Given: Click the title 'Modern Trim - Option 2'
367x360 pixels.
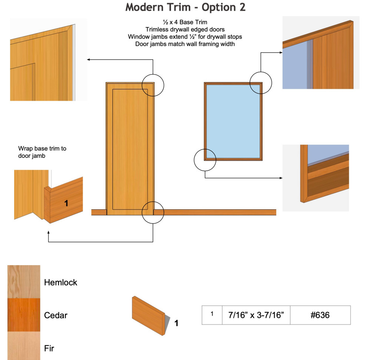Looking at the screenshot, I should [x=185, y=7].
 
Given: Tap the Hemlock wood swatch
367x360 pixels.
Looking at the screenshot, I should [x=23, y=282].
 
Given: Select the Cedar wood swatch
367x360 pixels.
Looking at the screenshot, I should [x=23, y=315].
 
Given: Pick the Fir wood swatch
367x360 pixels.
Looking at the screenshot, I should [x=23, y=346].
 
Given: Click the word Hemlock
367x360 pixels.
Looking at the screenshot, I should [x=60, y=283].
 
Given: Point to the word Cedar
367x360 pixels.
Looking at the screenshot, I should [x=56, y=316].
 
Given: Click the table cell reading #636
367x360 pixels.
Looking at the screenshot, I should [x=320, y=315].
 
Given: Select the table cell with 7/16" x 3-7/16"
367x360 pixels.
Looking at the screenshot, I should [x=256, y=315].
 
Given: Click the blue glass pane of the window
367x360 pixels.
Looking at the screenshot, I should [x=233, y=121].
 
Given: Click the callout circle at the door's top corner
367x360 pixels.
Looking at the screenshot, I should [x=153, y=85].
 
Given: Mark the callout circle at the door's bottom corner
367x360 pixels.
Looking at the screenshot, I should [x=153, y=212].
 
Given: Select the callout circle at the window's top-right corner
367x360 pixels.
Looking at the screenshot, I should [x=261, y=83].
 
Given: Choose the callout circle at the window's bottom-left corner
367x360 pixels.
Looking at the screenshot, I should [x=205, y=160].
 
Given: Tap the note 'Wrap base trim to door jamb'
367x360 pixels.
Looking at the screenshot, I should [x=42, y=152].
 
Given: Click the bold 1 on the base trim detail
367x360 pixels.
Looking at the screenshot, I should [x=66, y=203].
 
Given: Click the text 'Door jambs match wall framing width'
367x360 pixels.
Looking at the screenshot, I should [x=185, y=44].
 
